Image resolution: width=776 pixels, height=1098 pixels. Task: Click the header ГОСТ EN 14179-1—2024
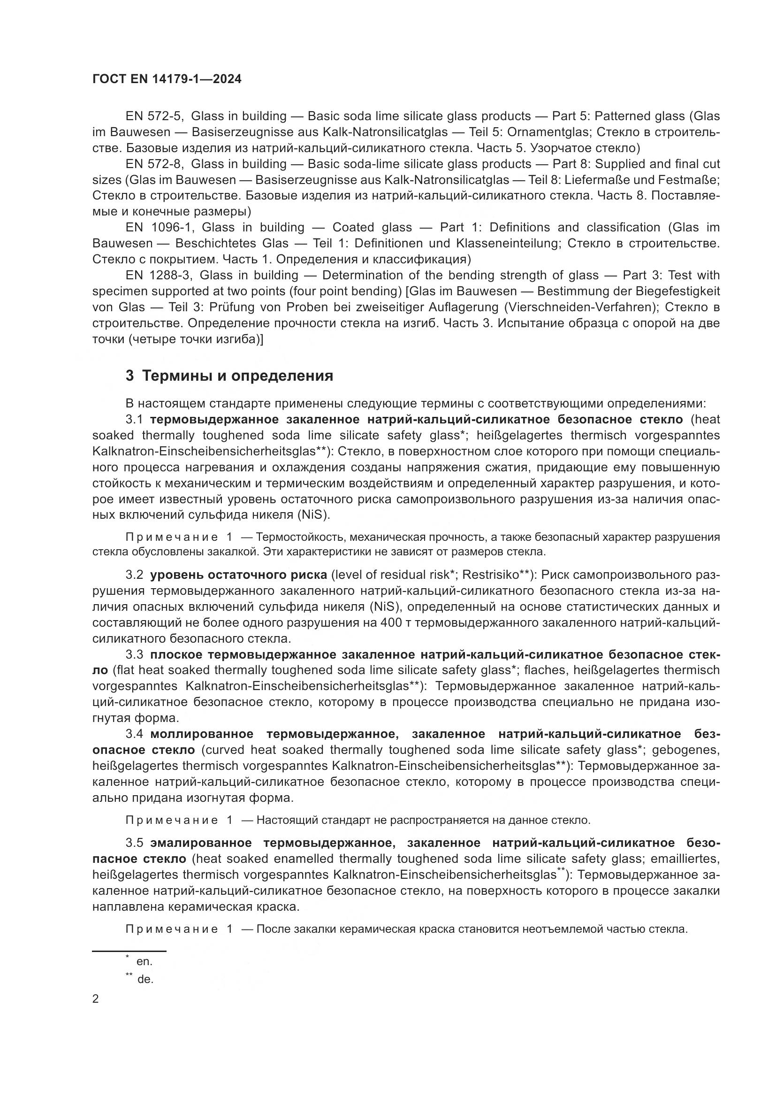click(167, 79)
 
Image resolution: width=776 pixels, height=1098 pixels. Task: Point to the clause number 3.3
click(134, 655)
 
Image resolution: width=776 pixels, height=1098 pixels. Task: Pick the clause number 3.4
click(134, 734)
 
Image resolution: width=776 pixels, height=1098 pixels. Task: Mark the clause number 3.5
click(134, 843)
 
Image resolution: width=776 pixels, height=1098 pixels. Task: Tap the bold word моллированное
click(202, 734)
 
